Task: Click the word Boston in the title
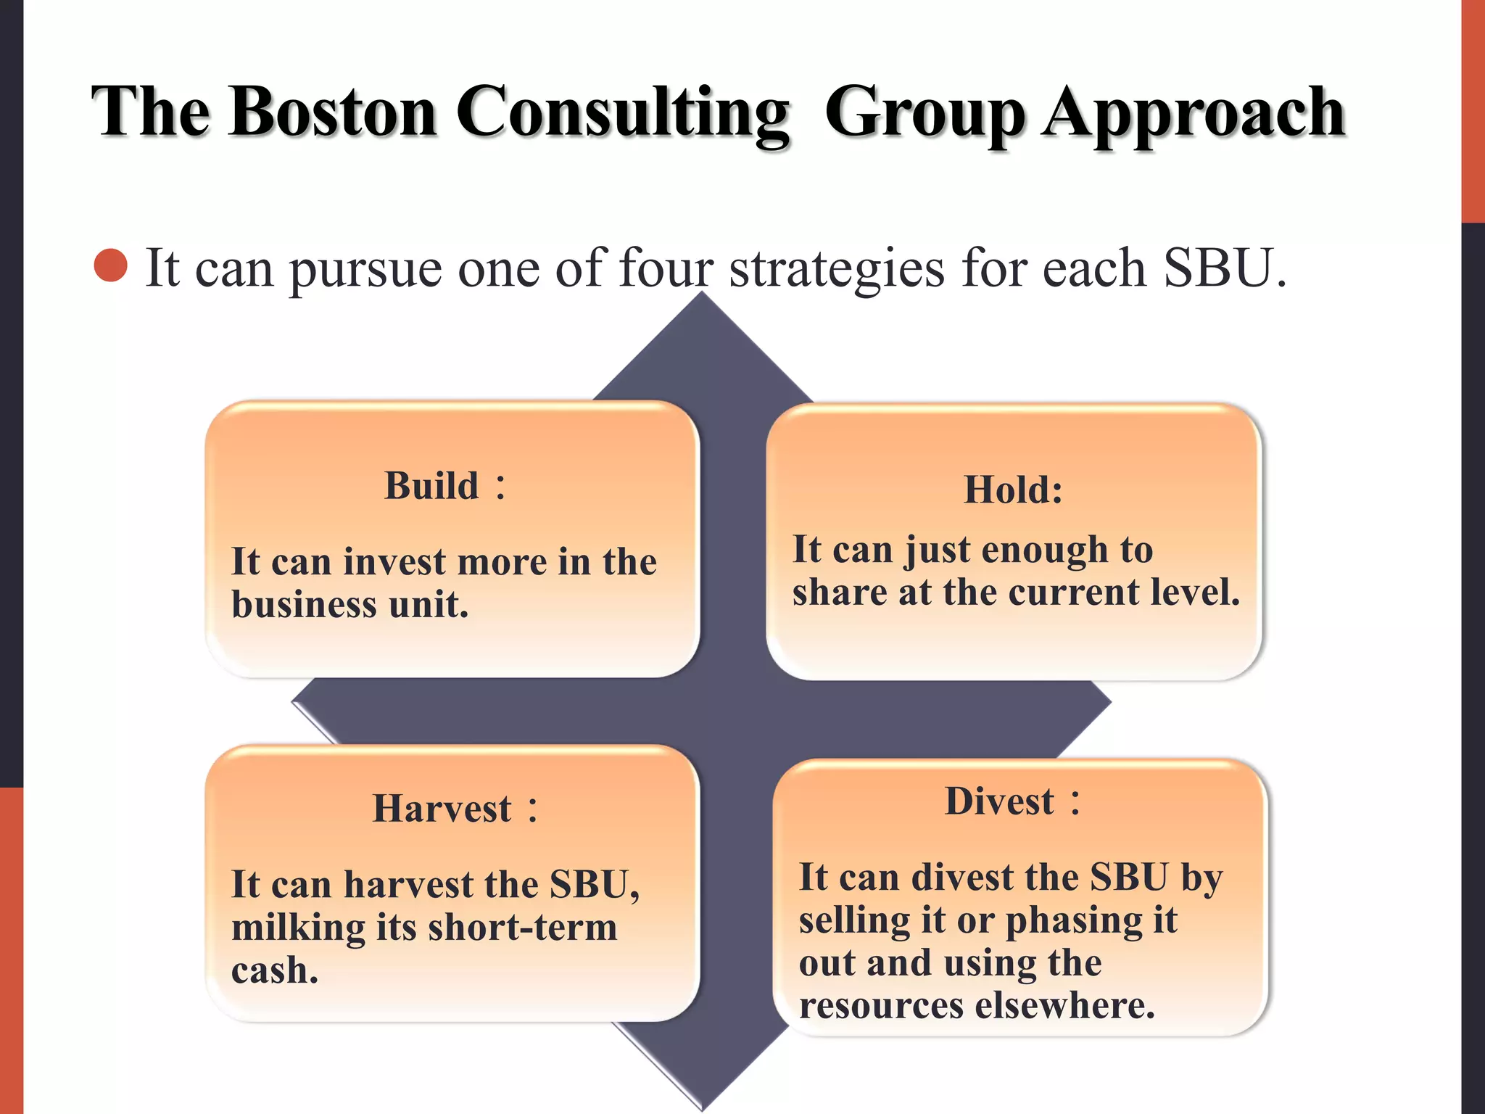click(333, 112)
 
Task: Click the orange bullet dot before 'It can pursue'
click(111, 265)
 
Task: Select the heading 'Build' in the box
click(432, 486)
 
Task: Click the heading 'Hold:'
click(1013, 490)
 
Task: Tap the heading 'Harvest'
click(442, 809)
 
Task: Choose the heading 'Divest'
click(1000, 802)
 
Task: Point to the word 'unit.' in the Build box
click(429, 605)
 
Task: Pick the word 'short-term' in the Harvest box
click(522, 928)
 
